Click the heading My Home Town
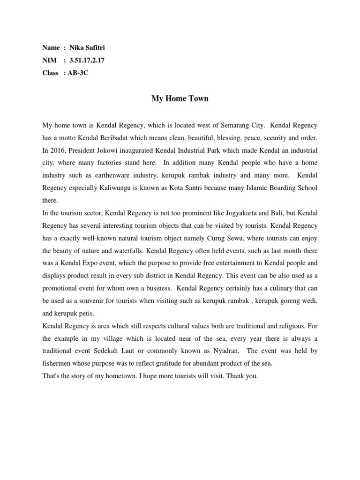180,99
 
